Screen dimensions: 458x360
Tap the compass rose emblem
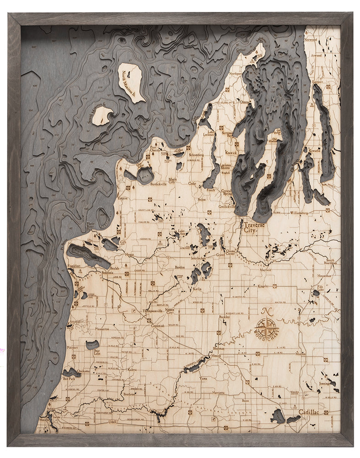click(267, 327)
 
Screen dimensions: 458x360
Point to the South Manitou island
click(102, 115)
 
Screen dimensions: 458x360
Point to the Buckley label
click(224, 316)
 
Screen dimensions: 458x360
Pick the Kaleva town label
click(132, 369)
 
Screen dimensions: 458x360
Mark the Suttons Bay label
click(227, 135)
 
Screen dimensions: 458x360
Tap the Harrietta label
click(218, 393)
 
